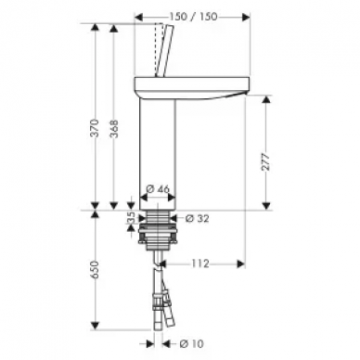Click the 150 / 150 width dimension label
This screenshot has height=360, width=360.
click(194, 17)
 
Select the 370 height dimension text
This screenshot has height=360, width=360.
click(96, 128)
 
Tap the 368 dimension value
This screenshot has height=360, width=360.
click(114, 129)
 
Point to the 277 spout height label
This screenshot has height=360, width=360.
click(266, 161)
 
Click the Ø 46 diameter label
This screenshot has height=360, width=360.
click(158, 188)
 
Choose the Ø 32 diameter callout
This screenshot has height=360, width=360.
click(197, 219)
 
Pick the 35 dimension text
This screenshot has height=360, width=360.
click(131, 218)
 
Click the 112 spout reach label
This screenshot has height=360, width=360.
click(200, 264)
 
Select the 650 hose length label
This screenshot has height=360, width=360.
click(96, 270)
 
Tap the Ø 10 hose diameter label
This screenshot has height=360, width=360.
click(191, 343)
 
